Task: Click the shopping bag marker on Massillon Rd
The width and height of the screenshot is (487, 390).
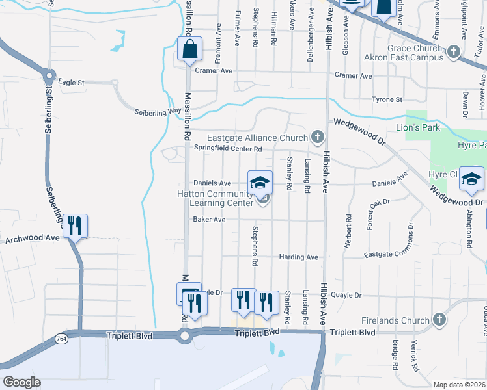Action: (x=189, y=49)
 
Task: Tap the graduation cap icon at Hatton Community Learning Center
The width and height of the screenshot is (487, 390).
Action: (x=260, y=182)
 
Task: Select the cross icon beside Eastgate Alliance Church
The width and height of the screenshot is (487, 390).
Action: (x=317, y=136)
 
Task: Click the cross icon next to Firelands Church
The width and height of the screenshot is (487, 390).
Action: (x=439, y=320)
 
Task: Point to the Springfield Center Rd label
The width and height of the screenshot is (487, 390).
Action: (x=228, y=148)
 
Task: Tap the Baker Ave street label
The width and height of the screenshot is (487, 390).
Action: (x=208, y=220)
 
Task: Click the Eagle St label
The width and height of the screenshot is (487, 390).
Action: (x=72, y=83)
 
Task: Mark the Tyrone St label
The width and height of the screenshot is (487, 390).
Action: (x=387, y=99)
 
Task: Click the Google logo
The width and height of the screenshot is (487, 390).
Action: (x=21, y=382)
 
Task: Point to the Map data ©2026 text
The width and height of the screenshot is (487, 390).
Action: (x=459, y=385)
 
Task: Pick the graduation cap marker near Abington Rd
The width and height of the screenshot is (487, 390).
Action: (x=471, y=179)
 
